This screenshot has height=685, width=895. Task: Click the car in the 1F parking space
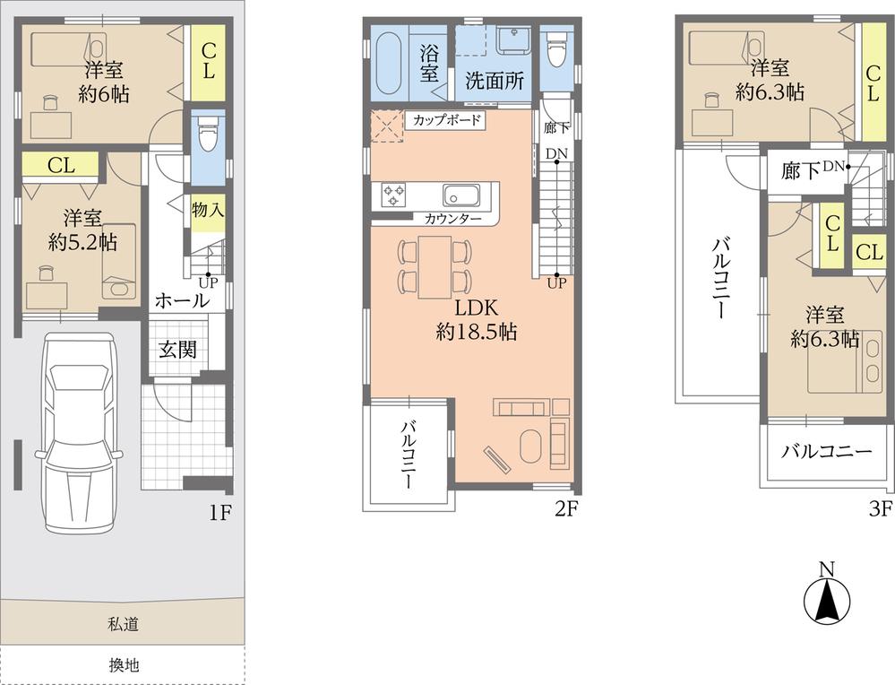point(82,430)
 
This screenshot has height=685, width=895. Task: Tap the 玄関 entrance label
point(177,350)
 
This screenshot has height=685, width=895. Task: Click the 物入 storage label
point(208,210)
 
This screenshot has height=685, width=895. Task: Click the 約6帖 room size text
point(104,92)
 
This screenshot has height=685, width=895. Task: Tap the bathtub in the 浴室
point(389,63)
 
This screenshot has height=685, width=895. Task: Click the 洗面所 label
point(495,78)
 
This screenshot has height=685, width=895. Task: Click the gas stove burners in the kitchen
point(393,195)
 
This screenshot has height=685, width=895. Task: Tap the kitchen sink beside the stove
point(460,195)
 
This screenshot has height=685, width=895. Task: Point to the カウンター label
point(452,219)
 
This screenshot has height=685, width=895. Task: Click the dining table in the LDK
point(435,266)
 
